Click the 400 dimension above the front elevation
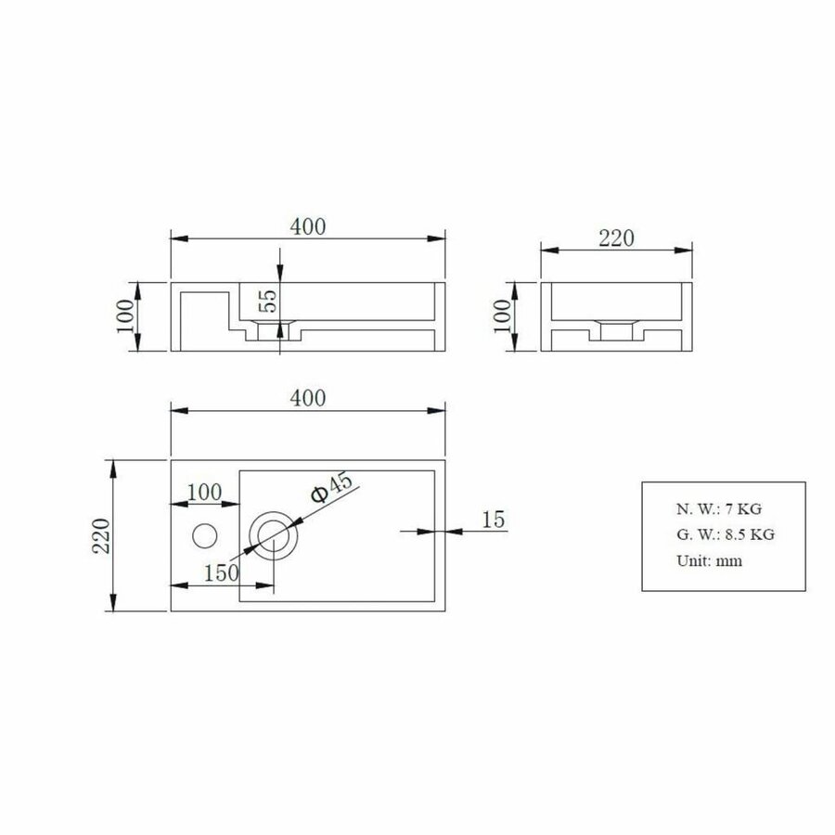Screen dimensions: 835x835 [308, 226]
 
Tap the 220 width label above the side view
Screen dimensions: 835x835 [615, 238]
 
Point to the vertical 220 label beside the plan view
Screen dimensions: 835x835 [101, 535]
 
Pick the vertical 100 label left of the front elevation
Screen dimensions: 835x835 [127, 317]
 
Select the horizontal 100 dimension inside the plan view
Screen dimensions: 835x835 [204, 492]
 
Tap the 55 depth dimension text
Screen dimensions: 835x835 [267, 300]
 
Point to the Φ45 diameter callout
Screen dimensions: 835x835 [331, 487]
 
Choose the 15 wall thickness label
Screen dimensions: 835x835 [495, 519]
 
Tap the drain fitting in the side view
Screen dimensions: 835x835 [615, 328]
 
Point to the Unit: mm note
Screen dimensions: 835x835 [708, 560]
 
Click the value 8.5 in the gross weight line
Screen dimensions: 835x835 [733, 534]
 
